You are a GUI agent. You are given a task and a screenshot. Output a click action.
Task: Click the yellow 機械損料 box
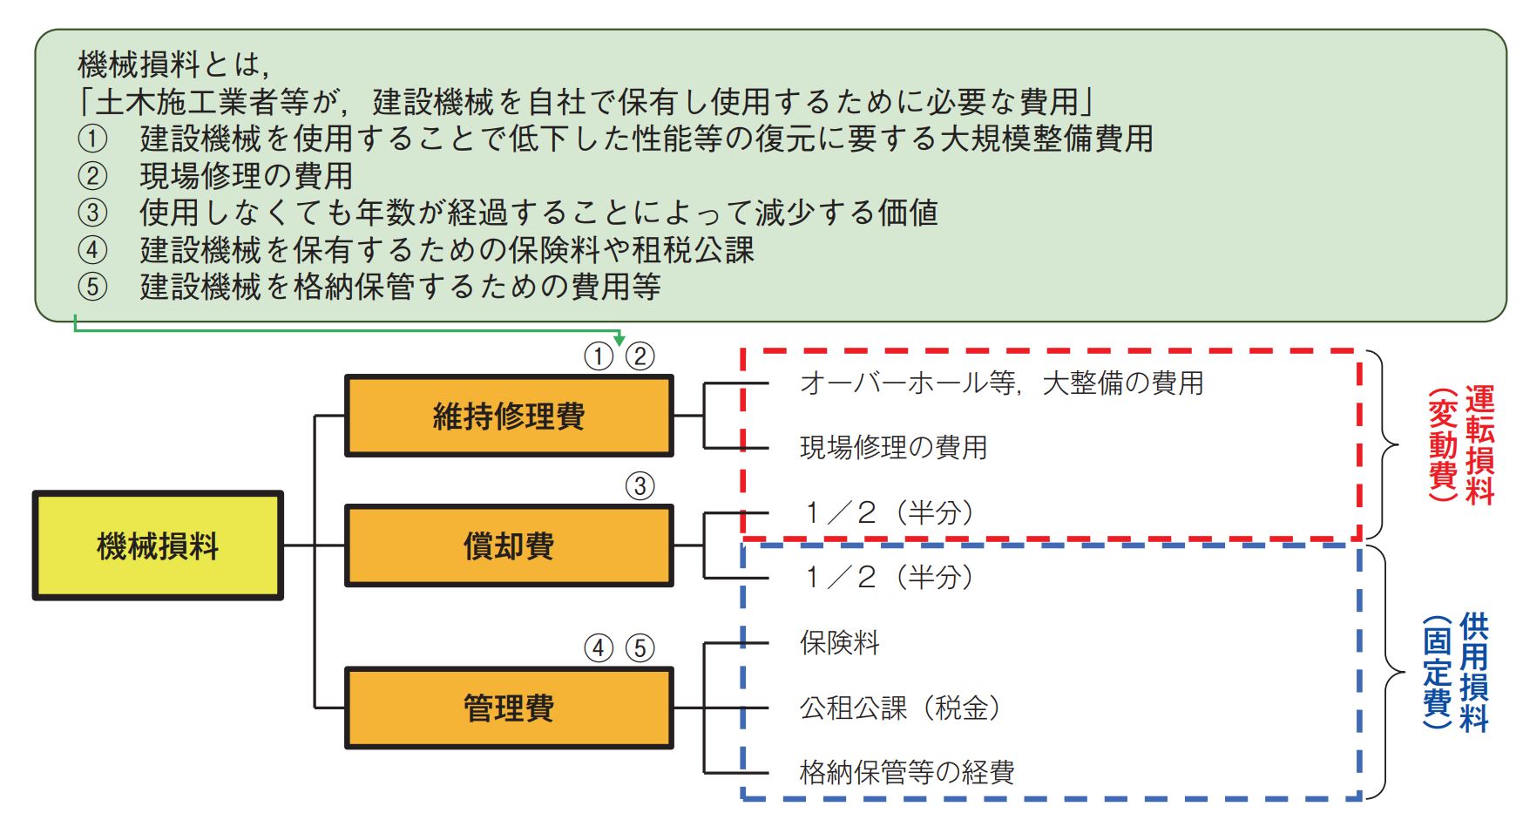click(x=158, y=546)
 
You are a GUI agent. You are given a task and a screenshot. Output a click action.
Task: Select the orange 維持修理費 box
click(x=509, y=416)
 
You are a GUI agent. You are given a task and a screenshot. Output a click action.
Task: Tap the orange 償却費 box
click(x=509, y=546)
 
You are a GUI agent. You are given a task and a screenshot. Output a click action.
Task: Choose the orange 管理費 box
click(x=509, y=708)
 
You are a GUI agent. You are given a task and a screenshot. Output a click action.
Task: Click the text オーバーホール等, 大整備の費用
click(x=1001, y=383)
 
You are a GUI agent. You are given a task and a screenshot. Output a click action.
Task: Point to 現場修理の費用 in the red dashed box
click(x=893, y=448)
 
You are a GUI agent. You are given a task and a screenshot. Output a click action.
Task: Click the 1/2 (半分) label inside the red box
click(x=889, y=512)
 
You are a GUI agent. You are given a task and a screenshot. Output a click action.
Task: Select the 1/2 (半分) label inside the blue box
click(x=889, y=577)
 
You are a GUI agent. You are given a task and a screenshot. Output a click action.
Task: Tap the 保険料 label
click(x=840, y=643)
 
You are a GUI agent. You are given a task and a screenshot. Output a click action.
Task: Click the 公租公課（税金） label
click(x=900, y=708)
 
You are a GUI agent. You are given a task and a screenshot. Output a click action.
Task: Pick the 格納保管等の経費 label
click(x=907, y=772)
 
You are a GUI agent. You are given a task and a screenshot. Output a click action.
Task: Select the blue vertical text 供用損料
click(x=1474, y=671)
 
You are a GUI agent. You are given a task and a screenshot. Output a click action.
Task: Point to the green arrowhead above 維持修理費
click(x=619, y=338)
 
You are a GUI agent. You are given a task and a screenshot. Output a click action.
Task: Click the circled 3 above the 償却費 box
click(x=640, y=486)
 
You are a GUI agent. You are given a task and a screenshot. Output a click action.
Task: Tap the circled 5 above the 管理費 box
click(x=640, y=648)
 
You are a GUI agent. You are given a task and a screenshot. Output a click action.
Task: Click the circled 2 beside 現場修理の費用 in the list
click(x=92, y=176)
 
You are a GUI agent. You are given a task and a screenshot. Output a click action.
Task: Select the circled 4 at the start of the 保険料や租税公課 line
click(x=92, y=250)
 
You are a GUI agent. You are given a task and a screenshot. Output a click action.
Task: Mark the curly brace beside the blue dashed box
click(x=1391, y=672)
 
